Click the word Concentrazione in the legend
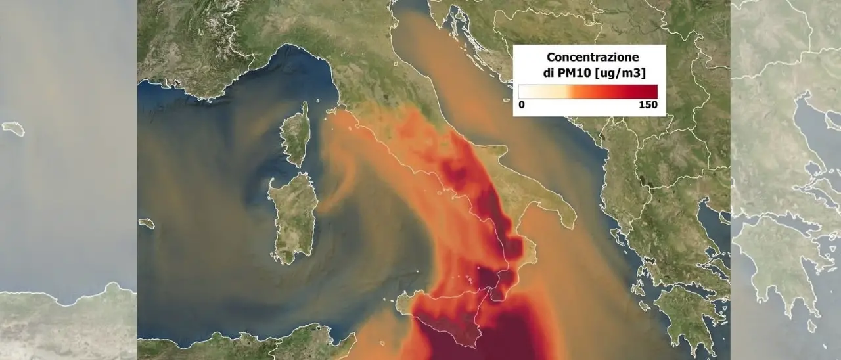click(589, 58)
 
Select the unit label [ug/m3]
click(621, 72)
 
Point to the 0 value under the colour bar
click(521, 104)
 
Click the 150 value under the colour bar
click(648, 104)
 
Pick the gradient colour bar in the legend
click(587, 91)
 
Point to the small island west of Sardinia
click(147, 223)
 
